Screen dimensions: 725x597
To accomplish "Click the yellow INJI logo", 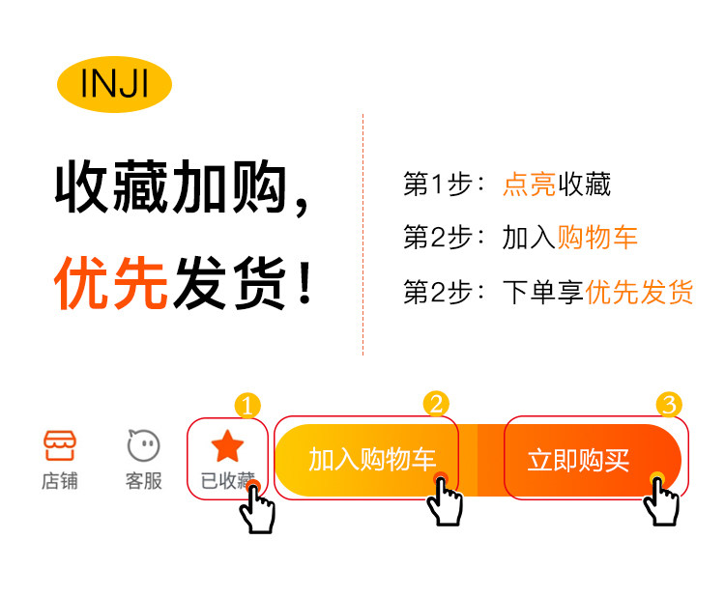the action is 114,85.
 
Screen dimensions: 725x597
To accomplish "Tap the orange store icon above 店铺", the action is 60,445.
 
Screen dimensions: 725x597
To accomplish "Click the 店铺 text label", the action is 60,481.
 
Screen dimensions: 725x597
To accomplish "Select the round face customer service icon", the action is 143,445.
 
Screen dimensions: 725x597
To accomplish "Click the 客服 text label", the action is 143,481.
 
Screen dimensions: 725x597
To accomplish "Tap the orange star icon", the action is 227,446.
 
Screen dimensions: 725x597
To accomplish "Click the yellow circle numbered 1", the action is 248,406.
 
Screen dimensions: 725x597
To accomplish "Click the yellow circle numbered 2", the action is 437,404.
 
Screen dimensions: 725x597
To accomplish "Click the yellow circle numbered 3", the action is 669,404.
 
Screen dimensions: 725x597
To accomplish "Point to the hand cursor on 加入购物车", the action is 445,500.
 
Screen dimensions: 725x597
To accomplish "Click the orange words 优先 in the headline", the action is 111,285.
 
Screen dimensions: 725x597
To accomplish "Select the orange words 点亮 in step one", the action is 529,185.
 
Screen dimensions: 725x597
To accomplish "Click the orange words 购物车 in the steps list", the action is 597,238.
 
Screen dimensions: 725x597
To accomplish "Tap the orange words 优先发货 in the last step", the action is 640,292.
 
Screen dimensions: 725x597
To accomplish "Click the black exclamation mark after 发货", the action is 305,285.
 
